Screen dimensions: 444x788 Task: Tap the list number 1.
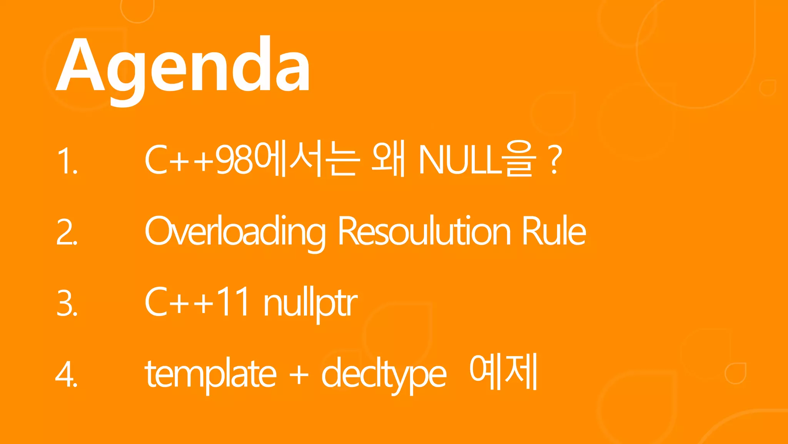pos(66,161)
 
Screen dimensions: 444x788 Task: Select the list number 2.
pos(66,232)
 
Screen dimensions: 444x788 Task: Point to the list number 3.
pos(66,304)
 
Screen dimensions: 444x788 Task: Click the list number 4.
pos(66,375)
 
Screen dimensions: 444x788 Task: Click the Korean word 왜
pos(389,160)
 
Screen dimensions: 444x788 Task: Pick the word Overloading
pos(235,232)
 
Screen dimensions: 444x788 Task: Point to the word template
pos(210,374)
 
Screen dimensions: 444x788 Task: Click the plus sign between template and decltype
pos(299,374)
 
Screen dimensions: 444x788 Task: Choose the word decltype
pos(383,374)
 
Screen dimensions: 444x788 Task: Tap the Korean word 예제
pos(503,372)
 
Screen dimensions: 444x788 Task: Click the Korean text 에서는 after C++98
pos(308,160)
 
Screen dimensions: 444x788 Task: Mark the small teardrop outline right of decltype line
pos(736,373)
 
